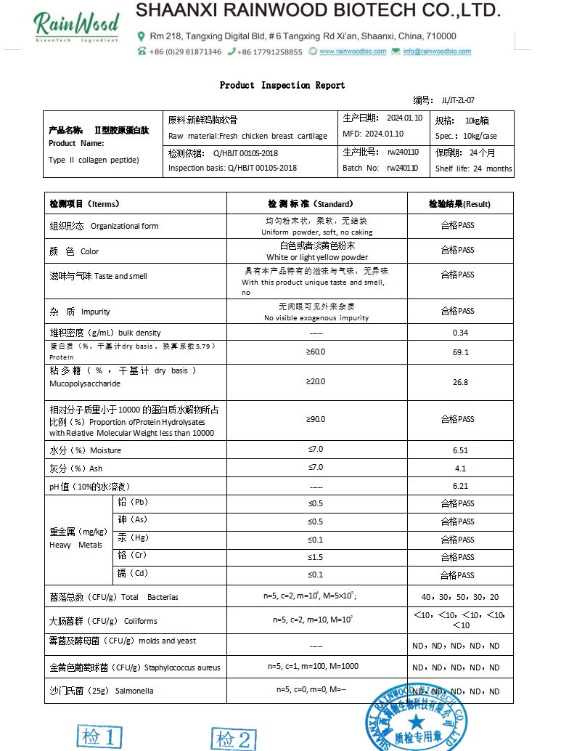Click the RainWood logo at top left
coord(76,26)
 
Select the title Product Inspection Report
coord(282,85)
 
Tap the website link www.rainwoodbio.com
coord(347,52)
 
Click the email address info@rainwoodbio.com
coord(437,52)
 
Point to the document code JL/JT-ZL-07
coord(457,101)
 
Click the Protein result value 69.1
coord(460,352)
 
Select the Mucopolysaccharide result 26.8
coord(460,382)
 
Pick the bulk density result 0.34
coord(460,333)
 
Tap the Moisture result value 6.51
coord(460,450)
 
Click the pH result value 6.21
coord(460,486)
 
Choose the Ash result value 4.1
coord(460,468)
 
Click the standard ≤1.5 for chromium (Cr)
coord(316,557)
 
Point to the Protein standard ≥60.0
coord(316,352)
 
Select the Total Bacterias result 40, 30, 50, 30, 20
coord(460,597)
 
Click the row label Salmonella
coord(134,691)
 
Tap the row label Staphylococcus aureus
coord(182,667)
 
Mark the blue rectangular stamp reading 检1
coord(99,738)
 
